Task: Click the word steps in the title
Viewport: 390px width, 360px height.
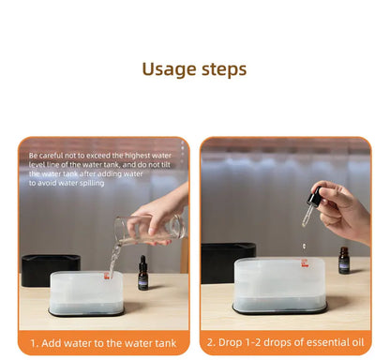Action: click(223, 70)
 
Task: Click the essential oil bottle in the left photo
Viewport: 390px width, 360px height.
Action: click(142, 273)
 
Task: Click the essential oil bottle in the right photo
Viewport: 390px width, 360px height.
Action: click(344, 262)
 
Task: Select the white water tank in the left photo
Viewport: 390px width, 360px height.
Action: click(85, 292)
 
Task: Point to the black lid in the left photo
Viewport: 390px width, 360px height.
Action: click(50, 270)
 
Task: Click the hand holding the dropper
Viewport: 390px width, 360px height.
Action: click(345, 211)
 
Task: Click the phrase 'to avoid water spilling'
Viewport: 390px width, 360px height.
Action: click(67, 183)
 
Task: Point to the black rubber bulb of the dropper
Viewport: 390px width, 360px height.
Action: click(314, 198)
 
